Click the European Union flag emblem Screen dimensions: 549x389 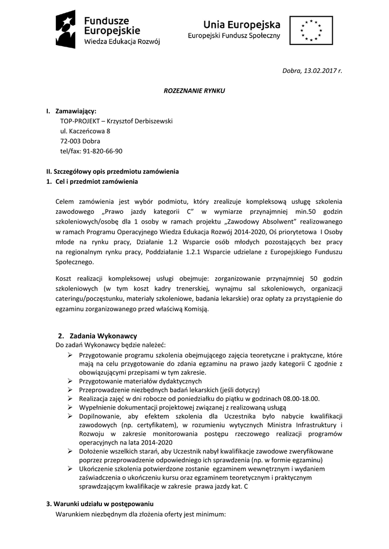coord(311,30)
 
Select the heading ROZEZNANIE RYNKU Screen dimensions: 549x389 coord(194,91)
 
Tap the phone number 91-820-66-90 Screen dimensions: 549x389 coord(102,151)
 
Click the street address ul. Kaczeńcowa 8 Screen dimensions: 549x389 coord(85,131)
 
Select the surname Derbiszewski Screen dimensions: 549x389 coord(146,121)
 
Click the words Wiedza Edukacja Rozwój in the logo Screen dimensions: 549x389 coord(122,41)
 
